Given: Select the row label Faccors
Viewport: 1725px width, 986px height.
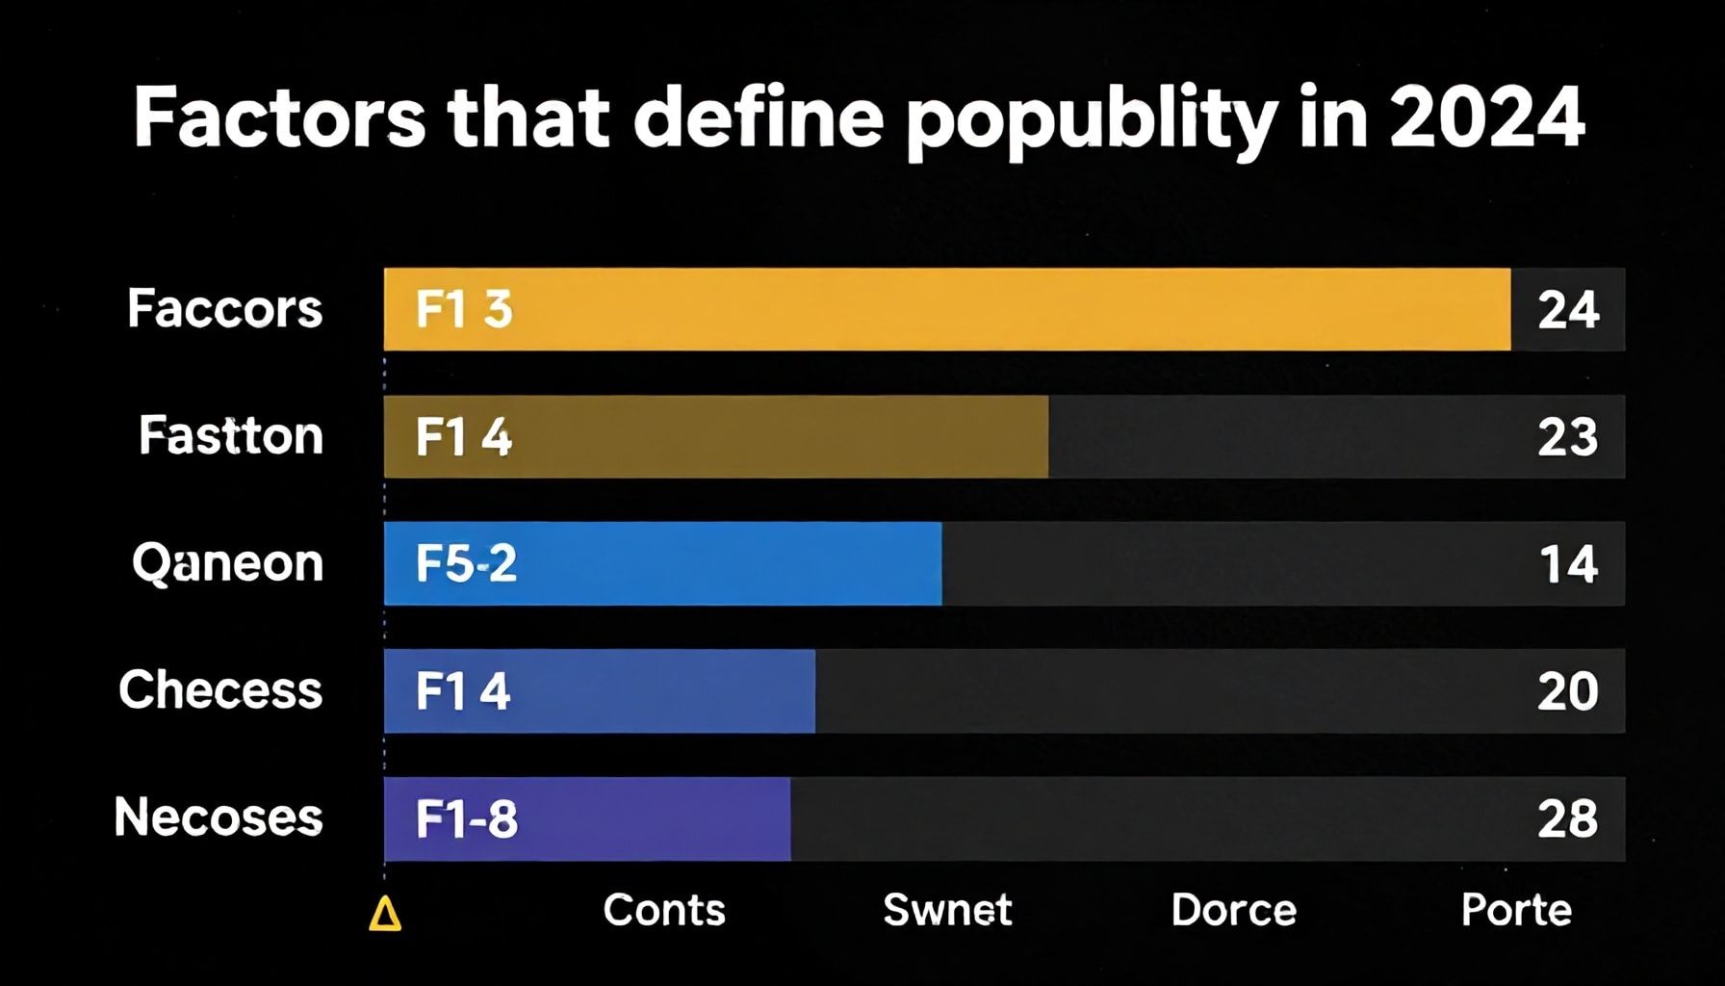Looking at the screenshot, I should (224, 309).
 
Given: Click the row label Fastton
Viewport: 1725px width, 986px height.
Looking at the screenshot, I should (231, 435).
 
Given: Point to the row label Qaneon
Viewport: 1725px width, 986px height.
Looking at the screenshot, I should (227, 563).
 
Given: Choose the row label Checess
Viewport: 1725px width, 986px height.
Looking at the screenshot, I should (220, 690).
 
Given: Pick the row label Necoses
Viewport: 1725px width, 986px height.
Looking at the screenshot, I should (219, 817).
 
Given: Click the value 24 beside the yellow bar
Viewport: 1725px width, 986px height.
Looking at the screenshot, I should (1568, 310).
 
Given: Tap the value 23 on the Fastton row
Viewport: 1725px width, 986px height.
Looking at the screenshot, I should (1568, 437).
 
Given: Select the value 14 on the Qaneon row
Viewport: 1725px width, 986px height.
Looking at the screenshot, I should (1569, 564).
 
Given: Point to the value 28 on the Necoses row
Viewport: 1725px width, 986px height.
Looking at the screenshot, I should (1568, 819).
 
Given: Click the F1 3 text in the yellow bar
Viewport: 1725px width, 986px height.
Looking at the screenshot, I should (464, 310).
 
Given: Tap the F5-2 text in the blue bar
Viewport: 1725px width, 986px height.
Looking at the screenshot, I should (466, 564).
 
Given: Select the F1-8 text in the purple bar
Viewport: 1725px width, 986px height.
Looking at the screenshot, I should (467, 819).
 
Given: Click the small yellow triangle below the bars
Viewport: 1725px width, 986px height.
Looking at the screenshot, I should (385, 914).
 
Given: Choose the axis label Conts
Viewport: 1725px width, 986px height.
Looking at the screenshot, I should (664, 910).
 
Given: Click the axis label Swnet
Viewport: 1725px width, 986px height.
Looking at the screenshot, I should (947, 910).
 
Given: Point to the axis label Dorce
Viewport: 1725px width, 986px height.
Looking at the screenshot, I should (1233, 910).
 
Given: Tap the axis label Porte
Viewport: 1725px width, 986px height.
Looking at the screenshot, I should (1516, 910).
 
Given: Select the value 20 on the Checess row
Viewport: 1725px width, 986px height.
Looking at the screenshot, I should (1568, 691).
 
